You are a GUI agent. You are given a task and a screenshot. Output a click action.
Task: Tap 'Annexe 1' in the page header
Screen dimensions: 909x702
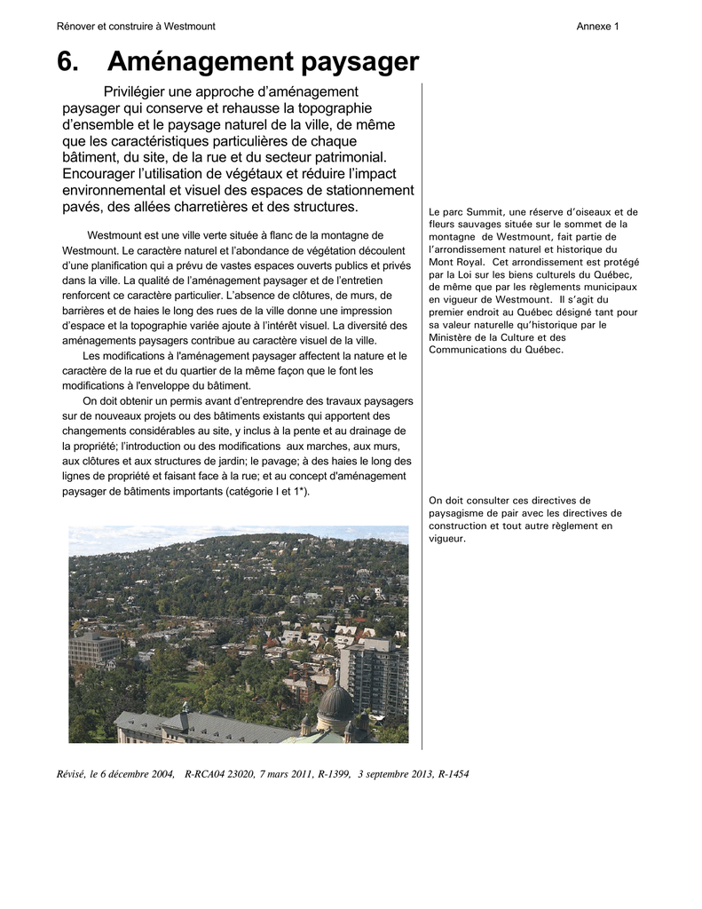pos(597,27)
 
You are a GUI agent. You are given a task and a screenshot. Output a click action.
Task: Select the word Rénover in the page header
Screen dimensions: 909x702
pos(76,27)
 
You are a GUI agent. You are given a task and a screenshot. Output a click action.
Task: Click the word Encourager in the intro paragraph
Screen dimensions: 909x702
pos(98,174)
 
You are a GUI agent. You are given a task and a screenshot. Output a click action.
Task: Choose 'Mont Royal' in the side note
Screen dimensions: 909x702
pos(455,263)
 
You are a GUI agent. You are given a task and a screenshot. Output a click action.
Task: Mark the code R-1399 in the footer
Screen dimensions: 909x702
pos(334,774)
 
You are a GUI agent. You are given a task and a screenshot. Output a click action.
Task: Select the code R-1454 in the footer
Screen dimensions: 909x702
pos(454,774)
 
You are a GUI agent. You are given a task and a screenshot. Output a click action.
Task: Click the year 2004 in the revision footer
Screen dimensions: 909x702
pos(162,774)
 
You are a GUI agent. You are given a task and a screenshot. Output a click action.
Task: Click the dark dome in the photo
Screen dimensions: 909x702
pos(334,701)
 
